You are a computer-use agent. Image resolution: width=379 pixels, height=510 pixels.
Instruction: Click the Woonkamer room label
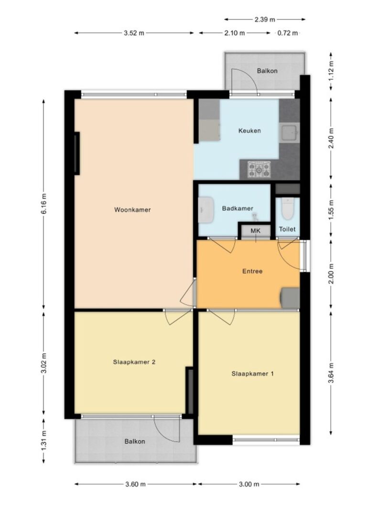132,210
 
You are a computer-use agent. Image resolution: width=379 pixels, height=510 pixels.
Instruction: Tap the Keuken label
249,131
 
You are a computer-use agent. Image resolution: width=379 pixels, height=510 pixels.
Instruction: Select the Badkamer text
238,208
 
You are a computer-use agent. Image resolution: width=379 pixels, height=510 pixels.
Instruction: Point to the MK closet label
256,231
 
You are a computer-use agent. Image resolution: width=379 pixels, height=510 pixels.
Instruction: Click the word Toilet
287,229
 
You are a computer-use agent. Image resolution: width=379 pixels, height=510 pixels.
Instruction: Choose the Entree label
252,271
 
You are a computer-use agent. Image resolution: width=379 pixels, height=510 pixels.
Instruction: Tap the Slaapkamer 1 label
252,374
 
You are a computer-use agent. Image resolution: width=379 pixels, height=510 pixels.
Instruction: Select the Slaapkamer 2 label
134,362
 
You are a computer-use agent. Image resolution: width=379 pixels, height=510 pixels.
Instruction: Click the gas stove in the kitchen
259,170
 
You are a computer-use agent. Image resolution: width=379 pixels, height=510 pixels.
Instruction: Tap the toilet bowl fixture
287,208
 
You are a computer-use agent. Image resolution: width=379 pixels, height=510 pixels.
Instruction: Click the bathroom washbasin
206,210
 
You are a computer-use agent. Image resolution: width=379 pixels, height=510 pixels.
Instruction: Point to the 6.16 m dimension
44,204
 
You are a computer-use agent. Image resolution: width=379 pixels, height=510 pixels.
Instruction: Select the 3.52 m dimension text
134,33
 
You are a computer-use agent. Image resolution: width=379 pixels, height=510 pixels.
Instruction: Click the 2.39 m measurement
265,20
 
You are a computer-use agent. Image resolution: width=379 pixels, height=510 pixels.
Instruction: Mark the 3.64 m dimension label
331,373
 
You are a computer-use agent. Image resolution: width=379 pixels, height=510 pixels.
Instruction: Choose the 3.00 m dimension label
249,484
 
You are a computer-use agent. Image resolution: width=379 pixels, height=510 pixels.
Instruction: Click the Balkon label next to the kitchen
267,71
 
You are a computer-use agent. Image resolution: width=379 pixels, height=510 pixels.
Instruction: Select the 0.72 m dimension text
288,33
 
